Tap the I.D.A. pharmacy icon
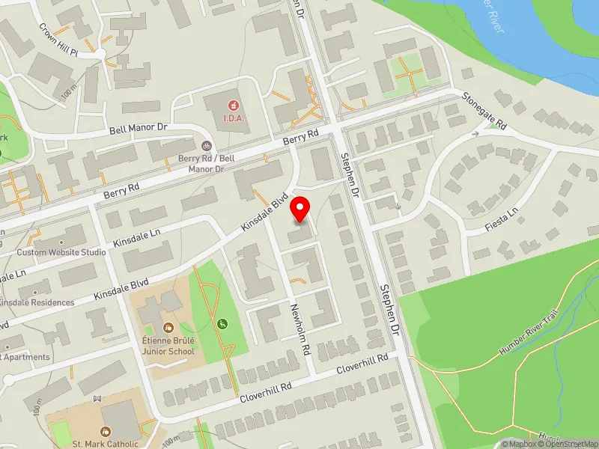pyautogui.click(x=233, y=105)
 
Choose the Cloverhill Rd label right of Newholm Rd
pyautogui.click(x=362, y=364)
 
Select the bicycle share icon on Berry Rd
pyautogui.click(x=206, y=147)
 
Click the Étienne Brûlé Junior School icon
pyautogui.click(x=169, y=327)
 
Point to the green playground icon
pyautogui.click(x=222, y=324)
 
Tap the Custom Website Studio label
pyautogui.click(x=61, y=252)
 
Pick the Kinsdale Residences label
pyautogui.click(x=37, y=302)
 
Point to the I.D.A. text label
pyautogui.click(x=233, y=118)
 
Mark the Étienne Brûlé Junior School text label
pyautogui.click(x=169, y=346)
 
